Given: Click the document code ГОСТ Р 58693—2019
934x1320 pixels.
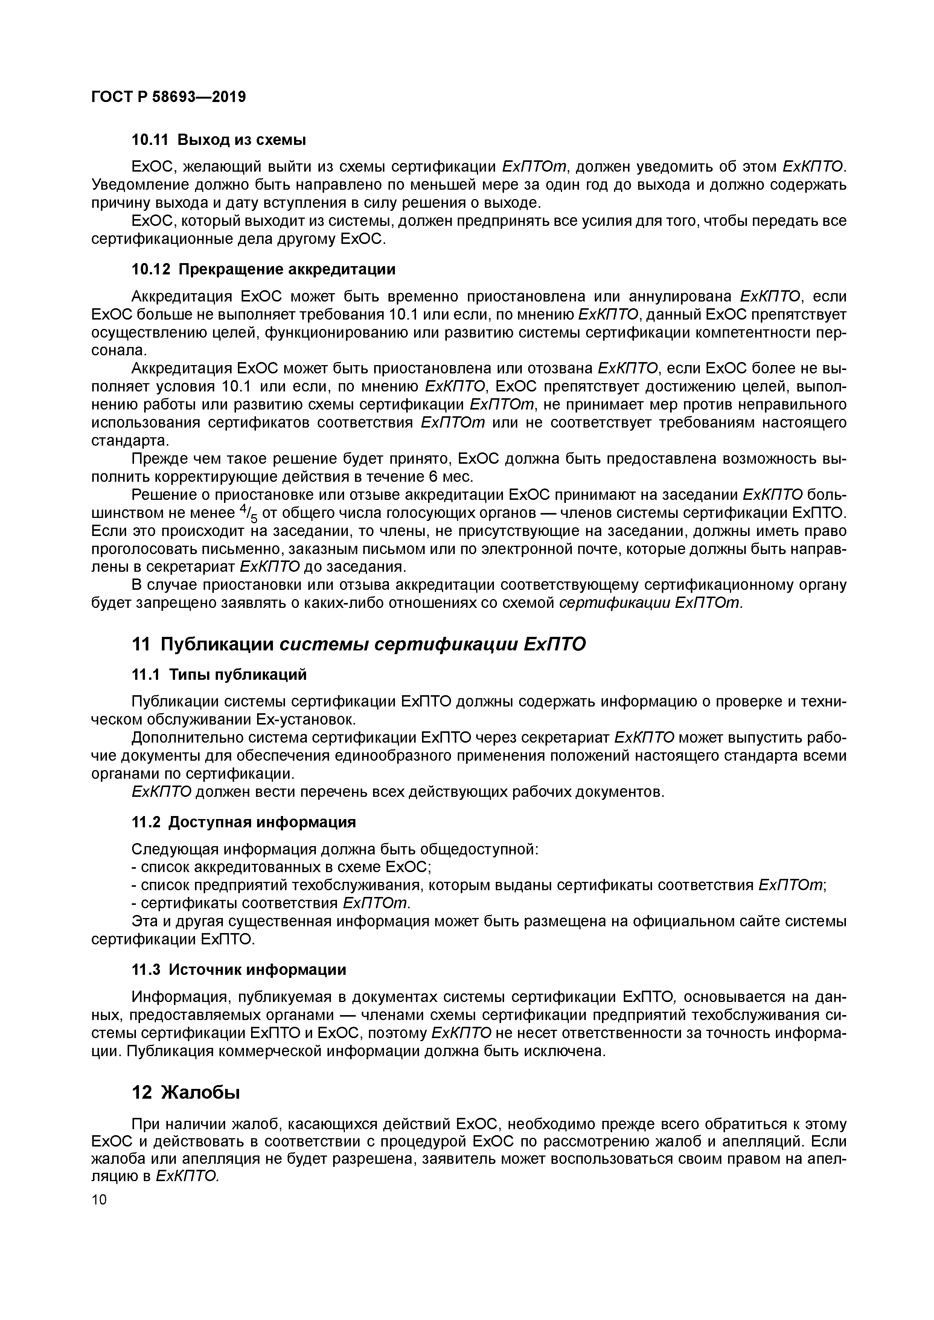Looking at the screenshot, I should [x=169, y=97].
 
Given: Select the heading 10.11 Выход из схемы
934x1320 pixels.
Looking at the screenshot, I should [x=219, y=140].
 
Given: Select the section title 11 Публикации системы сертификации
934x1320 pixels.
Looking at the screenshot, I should [x=359, y=644].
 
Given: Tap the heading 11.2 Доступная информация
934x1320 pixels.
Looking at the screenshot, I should [x=244, y=822].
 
